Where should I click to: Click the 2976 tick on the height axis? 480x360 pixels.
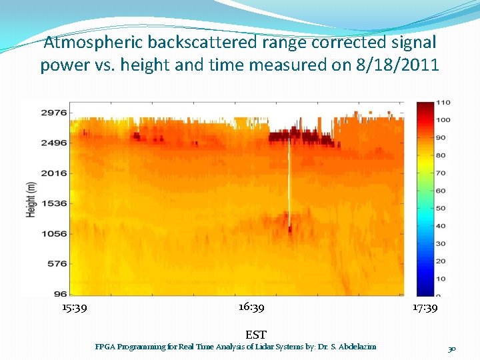tap(54, 112)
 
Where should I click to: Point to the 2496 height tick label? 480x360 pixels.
tap(54, 143)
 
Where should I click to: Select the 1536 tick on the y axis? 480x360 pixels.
tap(54, 203)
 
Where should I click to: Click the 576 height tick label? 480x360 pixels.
tap(56, 263)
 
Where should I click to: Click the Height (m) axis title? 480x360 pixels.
tap(31, 199)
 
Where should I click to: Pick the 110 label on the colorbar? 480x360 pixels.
tap(443, 103)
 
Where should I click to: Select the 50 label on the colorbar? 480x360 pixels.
tap(441, 208)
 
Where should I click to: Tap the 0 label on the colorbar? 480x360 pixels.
tap(439, 295)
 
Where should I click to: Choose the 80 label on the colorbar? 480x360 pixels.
tap(441, 155)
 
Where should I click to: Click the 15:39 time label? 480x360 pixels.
tap(74, 308)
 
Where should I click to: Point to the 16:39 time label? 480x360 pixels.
tap(251, 307)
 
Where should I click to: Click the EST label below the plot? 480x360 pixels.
tap(256, 335)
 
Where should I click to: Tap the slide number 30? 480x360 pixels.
tap(452, 349)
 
